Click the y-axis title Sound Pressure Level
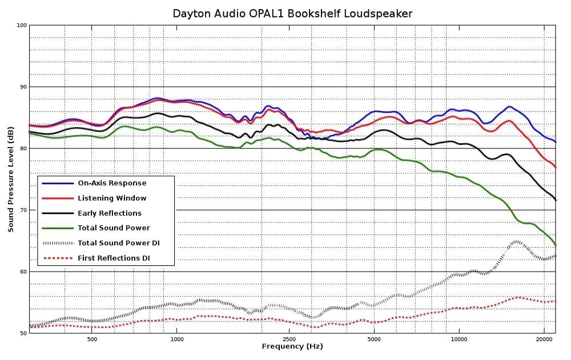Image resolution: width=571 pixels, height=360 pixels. [x=11, y=179]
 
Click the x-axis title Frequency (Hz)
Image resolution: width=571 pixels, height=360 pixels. [x=292, y=346]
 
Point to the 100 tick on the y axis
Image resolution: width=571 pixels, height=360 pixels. [x=22, y=25]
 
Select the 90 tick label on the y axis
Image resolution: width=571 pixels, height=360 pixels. [x=22, y=87]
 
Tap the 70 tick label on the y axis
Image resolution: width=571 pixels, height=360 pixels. [x=22, y=210]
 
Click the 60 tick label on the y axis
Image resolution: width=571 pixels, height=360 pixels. [x=22, y=272]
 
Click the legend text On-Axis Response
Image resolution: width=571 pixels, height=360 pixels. [x=112, y=183]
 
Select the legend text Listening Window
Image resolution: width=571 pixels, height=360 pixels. [x=112, y=198]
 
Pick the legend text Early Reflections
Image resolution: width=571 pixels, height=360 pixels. [x=110, y=213]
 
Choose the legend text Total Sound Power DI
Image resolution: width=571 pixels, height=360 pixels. [x=119, y=243]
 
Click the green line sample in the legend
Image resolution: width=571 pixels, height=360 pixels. [x=58, y=228]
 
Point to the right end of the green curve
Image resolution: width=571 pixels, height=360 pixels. [x=556, y=245]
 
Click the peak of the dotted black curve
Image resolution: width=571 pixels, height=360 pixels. [x=517, y=241]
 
